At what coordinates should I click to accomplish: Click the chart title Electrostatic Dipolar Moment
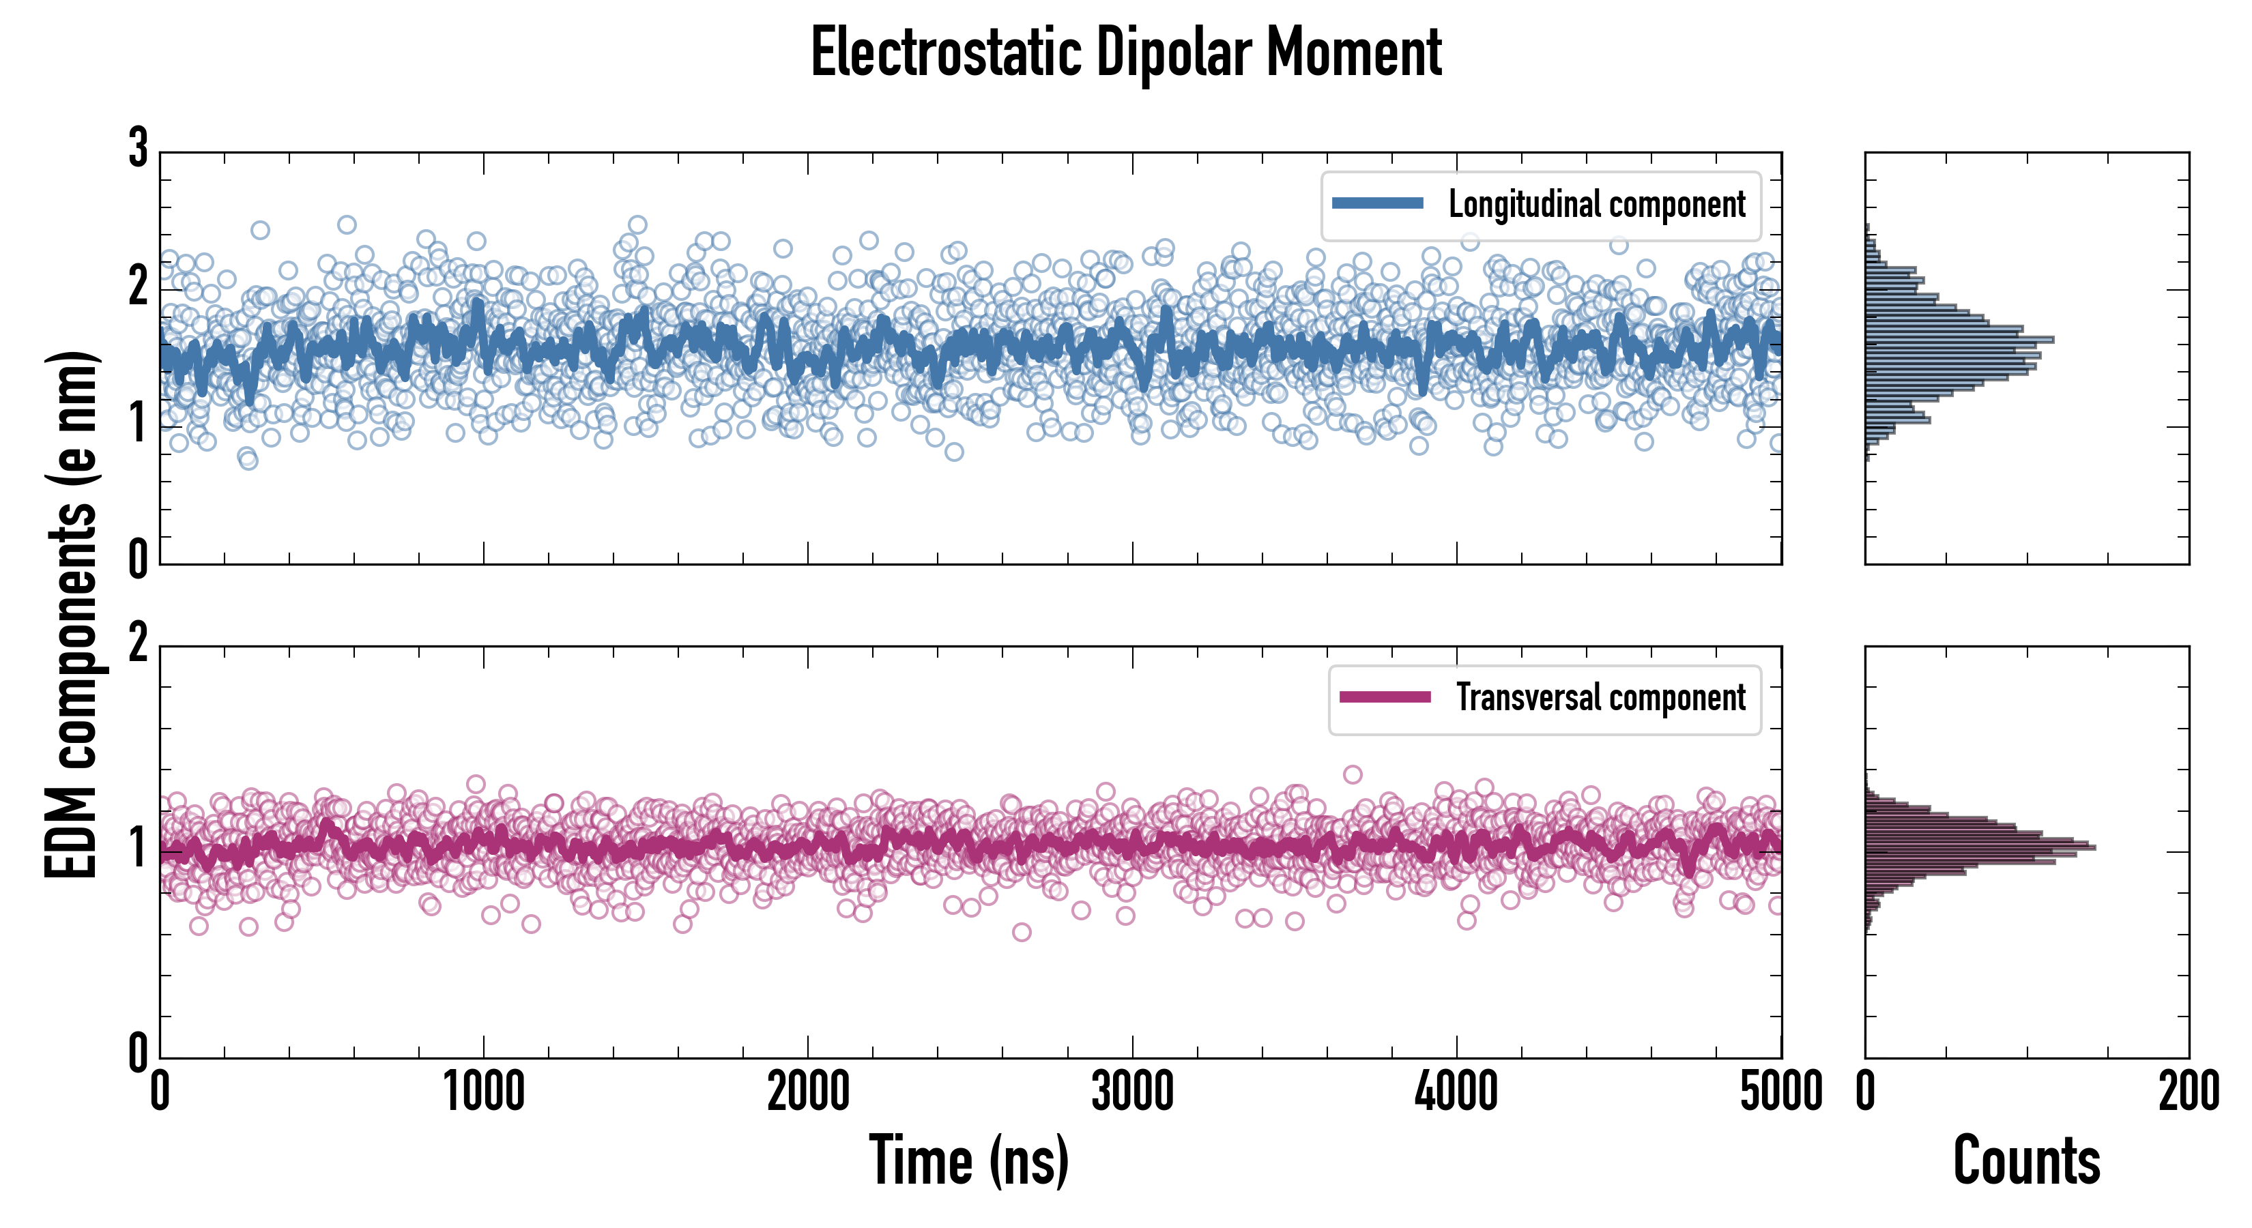click(x=1126, y=53)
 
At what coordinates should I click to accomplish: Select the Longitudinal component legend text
click(x=1596, y=205)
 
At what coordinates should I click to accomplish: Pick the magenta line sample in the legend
click(x=1385, y=697)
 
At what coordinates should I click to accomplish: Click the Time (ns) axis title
click(x=968, y=1160)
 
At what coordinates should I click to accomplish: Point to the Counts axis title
click(x=2026, y=1160)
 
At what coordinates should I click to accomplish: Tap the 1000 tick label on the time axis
click(x=483, y=1092)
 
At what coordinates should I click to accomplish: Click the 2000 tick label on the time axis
click(x=808, y=1092)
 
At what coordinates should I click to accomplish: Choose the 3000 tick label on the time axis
click(x=1132, y=1092)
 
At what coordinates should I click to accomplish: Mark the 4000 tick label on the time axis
click(x=1456, y=1092)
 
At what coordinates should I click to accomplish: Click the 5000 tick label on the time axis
click(x=1781, y=1092)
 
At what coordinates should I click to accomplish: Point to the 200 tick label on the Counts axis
click(x=2188, y=1092)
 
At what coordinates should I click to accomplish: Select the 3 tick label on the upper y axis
click(x=138, y=149)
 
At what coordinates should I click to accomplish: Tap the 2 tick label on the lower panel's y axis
click(x=138, y=644)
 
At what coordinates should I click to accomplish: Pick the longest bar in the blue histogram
click(x=1959, y=339)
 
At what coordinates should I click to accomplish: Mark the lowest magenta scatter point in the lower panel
click(x=1021, y=933)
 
